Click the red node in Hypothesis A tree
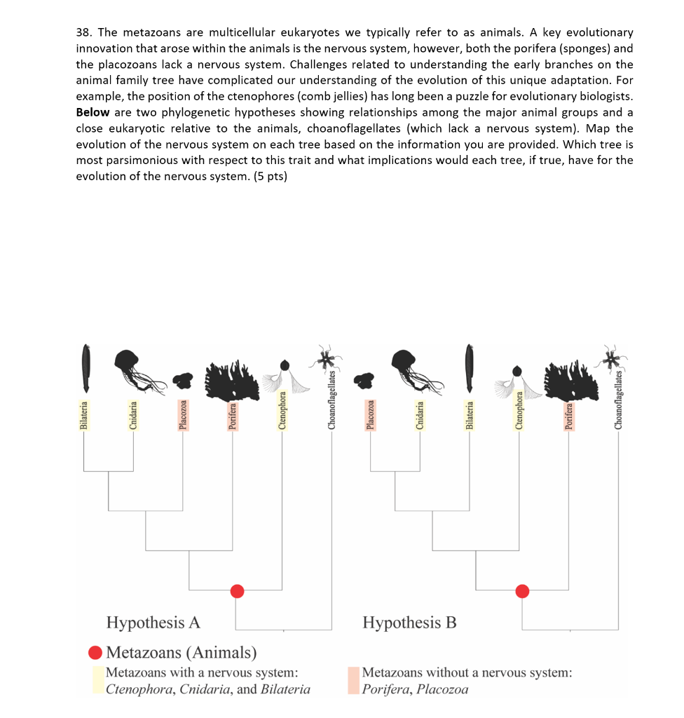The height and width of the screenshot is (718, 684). [x=237, y=591]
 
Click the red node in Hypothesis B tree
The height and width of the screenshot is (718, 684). [x=522, y=591]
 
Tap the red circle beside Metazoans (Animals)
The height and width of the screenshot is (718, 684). [x=95, y=653]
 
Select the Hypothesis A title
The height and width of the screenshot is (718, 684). [x=153, y=623]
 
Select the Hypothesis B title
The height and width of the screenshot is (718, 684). [x=409, y=623]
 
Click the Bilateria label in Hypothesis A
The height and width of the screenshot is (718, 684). [x=84, y=415]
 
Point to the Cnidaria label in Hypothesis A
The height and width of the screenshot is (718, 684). [x=132, y=415]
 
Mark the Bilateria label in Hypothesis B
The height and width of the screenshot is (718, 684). [x=470, y=415]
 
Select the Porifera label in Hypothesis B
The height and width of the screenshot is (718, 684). [x=570, y=414]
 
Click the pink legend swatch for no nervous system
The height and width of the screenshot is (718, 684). [x=353, y=680]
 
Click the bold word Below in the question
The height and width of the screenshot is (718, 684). [x=93, y=112]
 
